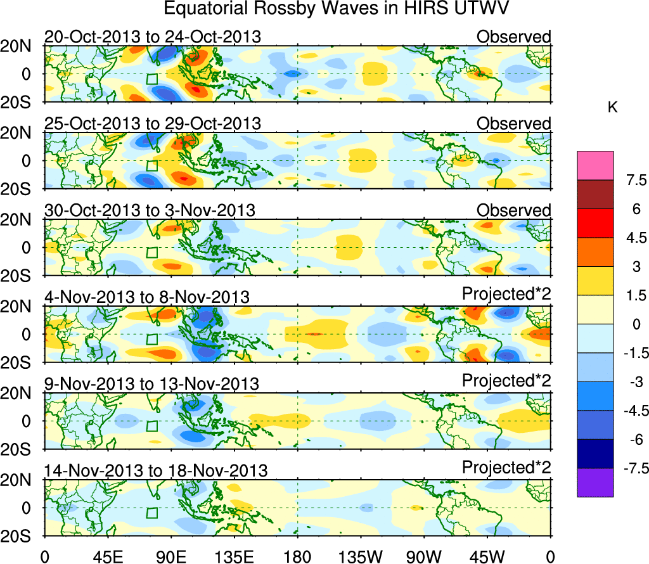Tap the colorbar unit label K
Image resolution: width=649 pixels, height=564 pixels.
point(612,108)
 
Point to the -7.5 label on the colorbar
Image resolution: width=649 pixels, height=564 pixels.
point(631,469)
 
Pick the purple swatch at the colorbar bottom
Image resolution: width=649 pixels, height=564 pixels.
point(595,482)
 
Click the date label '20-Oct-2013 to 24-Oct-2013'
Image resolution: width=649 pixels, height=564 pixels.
point(152,37)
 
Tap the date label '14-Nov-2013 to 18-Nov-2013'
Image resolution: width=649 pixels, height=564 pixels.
point(155,470)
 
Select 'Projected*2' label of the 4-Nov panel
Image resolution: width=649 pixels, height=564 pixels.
point(506,295)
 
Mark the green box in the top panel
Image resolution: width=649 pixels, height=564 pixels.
point(151,79)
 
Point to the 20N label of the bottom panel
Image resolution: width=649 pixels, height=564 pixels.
point(21,480)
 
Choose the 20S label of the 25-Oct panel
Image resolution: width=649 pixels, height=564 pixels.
point(21,188)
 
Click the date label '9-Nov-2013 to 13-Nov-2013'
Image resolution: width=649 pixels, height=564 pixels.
point(151,383)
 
